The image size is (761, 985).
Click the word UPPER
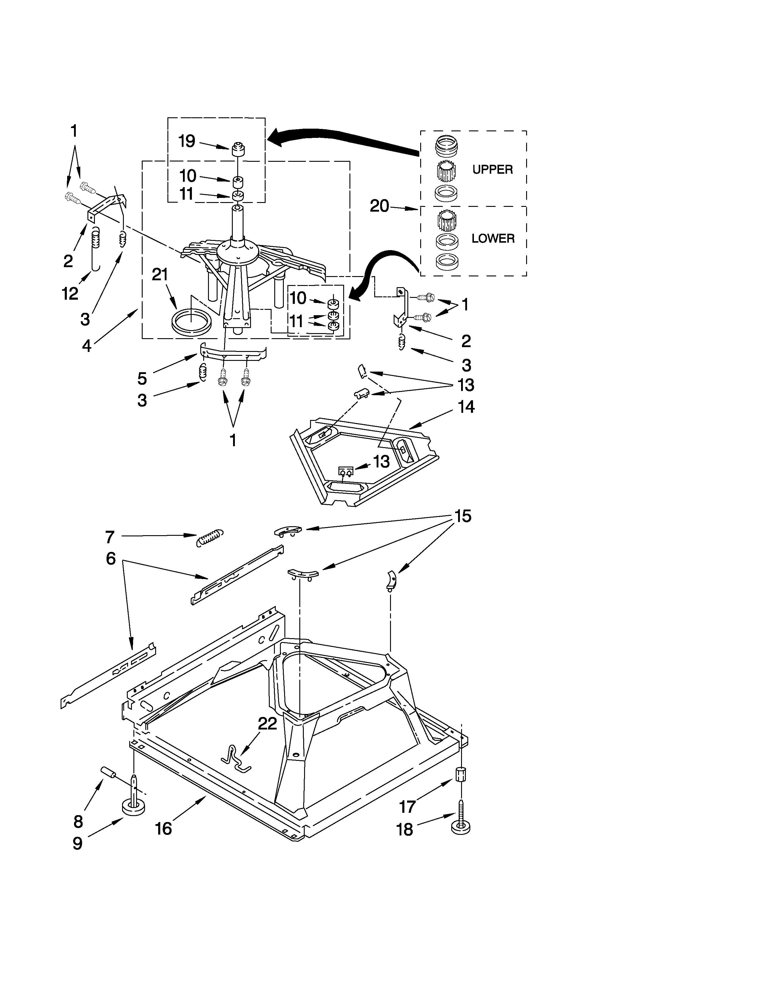tap(492, 170)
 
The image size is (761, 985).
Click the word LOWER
tap(493, 238)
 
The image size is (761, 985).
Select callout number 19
tap(187, 141)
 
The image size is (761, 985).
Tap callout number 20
tap(379, 206)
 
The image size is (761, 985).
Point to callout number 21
tap(160, 274)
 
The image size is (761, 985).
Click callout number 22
tap(267, 724)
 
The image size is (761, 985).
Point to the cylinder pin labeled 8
tap(108, 772)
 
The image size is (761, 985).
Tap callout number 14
tap(466, 407)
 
